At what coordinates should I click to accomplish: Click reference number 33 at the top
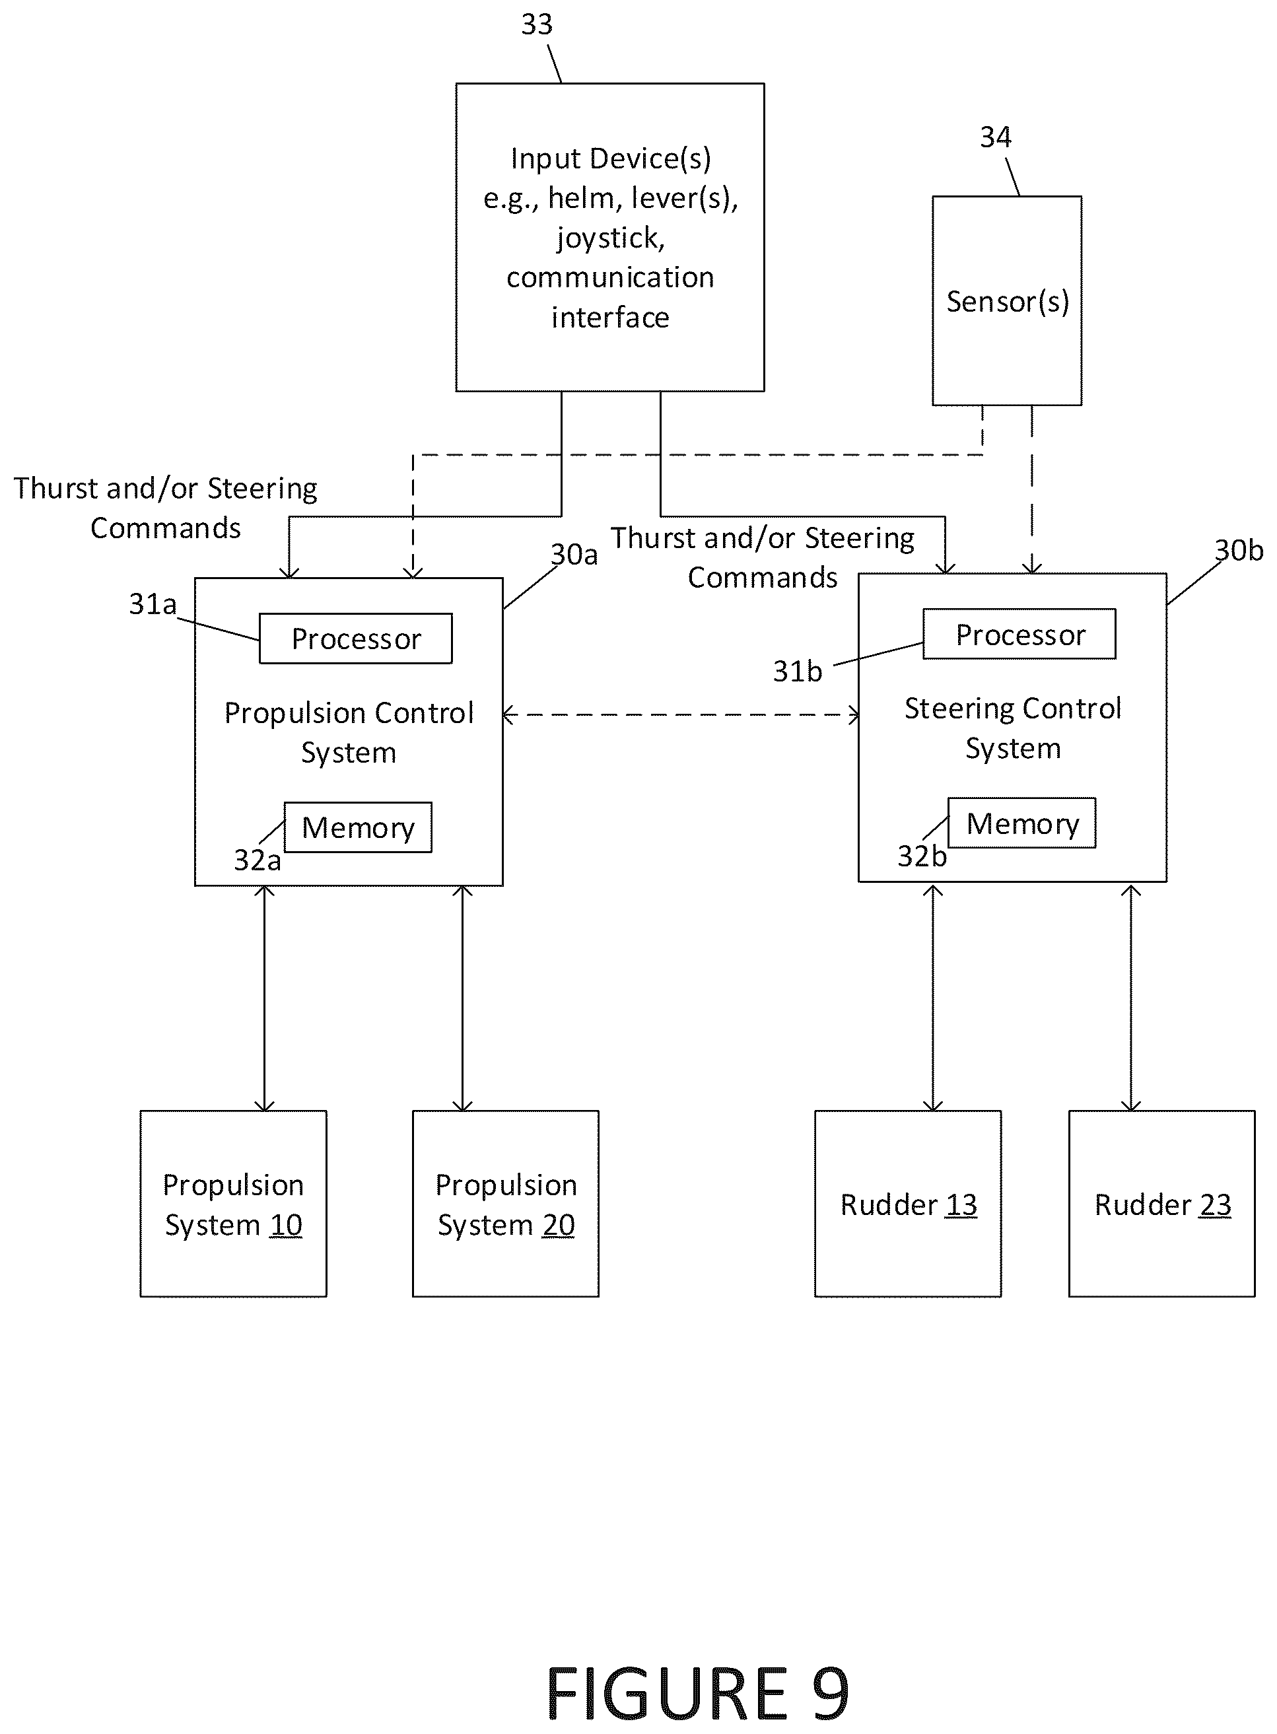[536, 24]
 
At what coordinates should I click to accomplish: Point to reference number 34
[996, 137]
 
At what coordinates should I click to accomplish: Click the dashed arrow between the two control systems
[681, 715]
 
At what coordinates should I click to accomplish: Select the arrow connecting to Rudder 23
[1131, 997]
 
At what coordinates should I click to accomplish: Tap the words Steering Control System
[1013, 728]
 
